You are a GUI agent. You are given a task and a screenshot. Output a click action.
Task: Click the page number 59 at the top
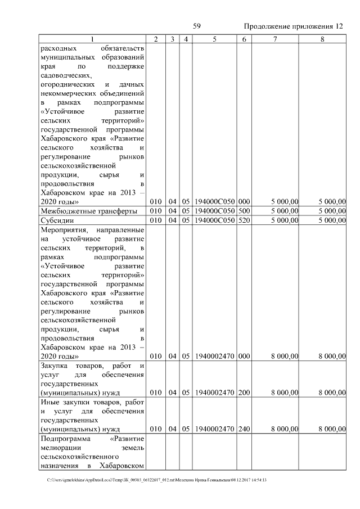(197, 26)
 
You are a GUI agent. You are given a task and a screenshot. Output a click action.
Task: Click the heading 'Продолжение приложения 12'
(292, 26)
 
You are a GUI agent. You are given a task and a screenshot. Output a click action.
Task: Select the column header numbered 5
(215, 39)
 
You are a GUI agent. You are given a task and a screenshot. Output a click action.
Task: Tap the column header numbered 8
(322, 39)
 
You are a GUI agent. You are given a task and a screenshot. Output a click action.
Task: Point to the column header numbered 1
(93, 39)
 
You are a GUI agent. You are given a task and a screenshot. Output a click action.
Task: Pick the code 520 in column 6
(244, 220)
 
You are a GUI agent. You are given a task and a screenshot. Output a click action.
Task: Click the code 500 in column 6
(244, 211)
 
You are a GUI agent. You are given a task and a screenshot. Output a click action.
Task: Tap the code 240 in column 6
(244, 429)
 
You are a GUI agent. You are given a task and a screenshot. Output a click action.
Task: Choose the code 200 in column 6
(244, 392)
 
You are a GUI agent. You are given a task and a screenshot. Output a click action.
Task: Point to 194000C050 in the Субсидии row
(214, 220)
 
